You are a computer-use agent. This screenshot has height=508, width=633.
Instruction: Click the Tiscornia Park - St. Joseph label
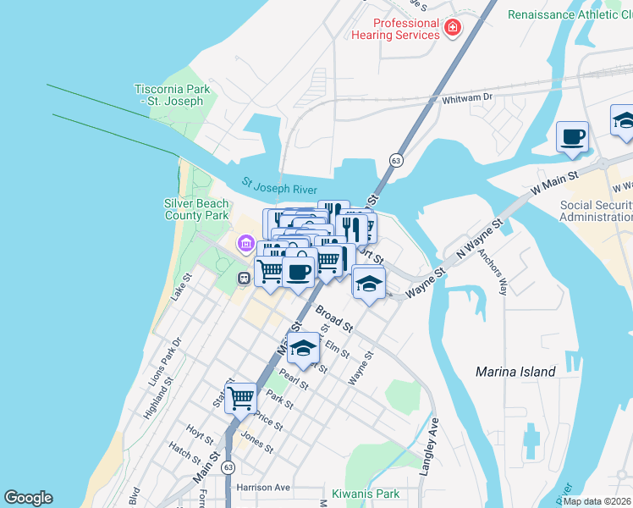[169, 95]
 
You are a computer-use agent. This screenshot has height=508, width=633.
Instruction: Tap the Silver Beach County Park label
[196, 209]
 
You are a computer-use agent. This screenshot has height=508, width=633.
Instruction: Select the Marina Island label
[515, 372]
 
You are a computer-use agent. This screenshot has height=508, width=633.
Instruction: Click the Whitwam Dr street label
[467, 99]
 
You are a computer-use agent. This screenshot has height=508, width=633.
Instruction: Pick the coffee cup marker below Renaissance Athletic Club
[572, 136]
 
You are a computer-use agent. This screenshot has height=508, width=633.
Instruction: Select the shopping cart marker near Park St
[241, 396]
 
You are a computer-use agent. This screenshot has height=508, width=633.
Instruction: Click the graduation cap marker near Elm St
[303, 347]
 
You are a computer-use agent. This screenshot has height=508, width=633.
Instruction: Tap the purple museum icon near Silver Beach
[245, 245]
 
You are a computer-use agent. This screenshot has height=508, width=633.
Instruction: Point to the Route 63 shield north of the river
[395, 160]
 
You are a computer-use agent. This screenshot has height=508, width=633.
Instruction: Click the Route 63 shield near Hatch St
[228, 467]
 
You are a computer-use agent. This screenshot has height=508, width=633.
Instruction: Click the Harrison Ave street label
[263, 488]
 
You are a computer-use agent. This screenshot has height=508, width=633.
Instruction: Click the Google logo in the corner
[28, 498]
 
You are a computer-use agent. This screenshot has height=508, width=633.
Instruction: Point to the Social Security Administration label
[596, 211]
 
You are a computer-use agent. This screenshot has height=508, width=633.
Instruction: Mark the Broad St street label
[333, 319]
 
